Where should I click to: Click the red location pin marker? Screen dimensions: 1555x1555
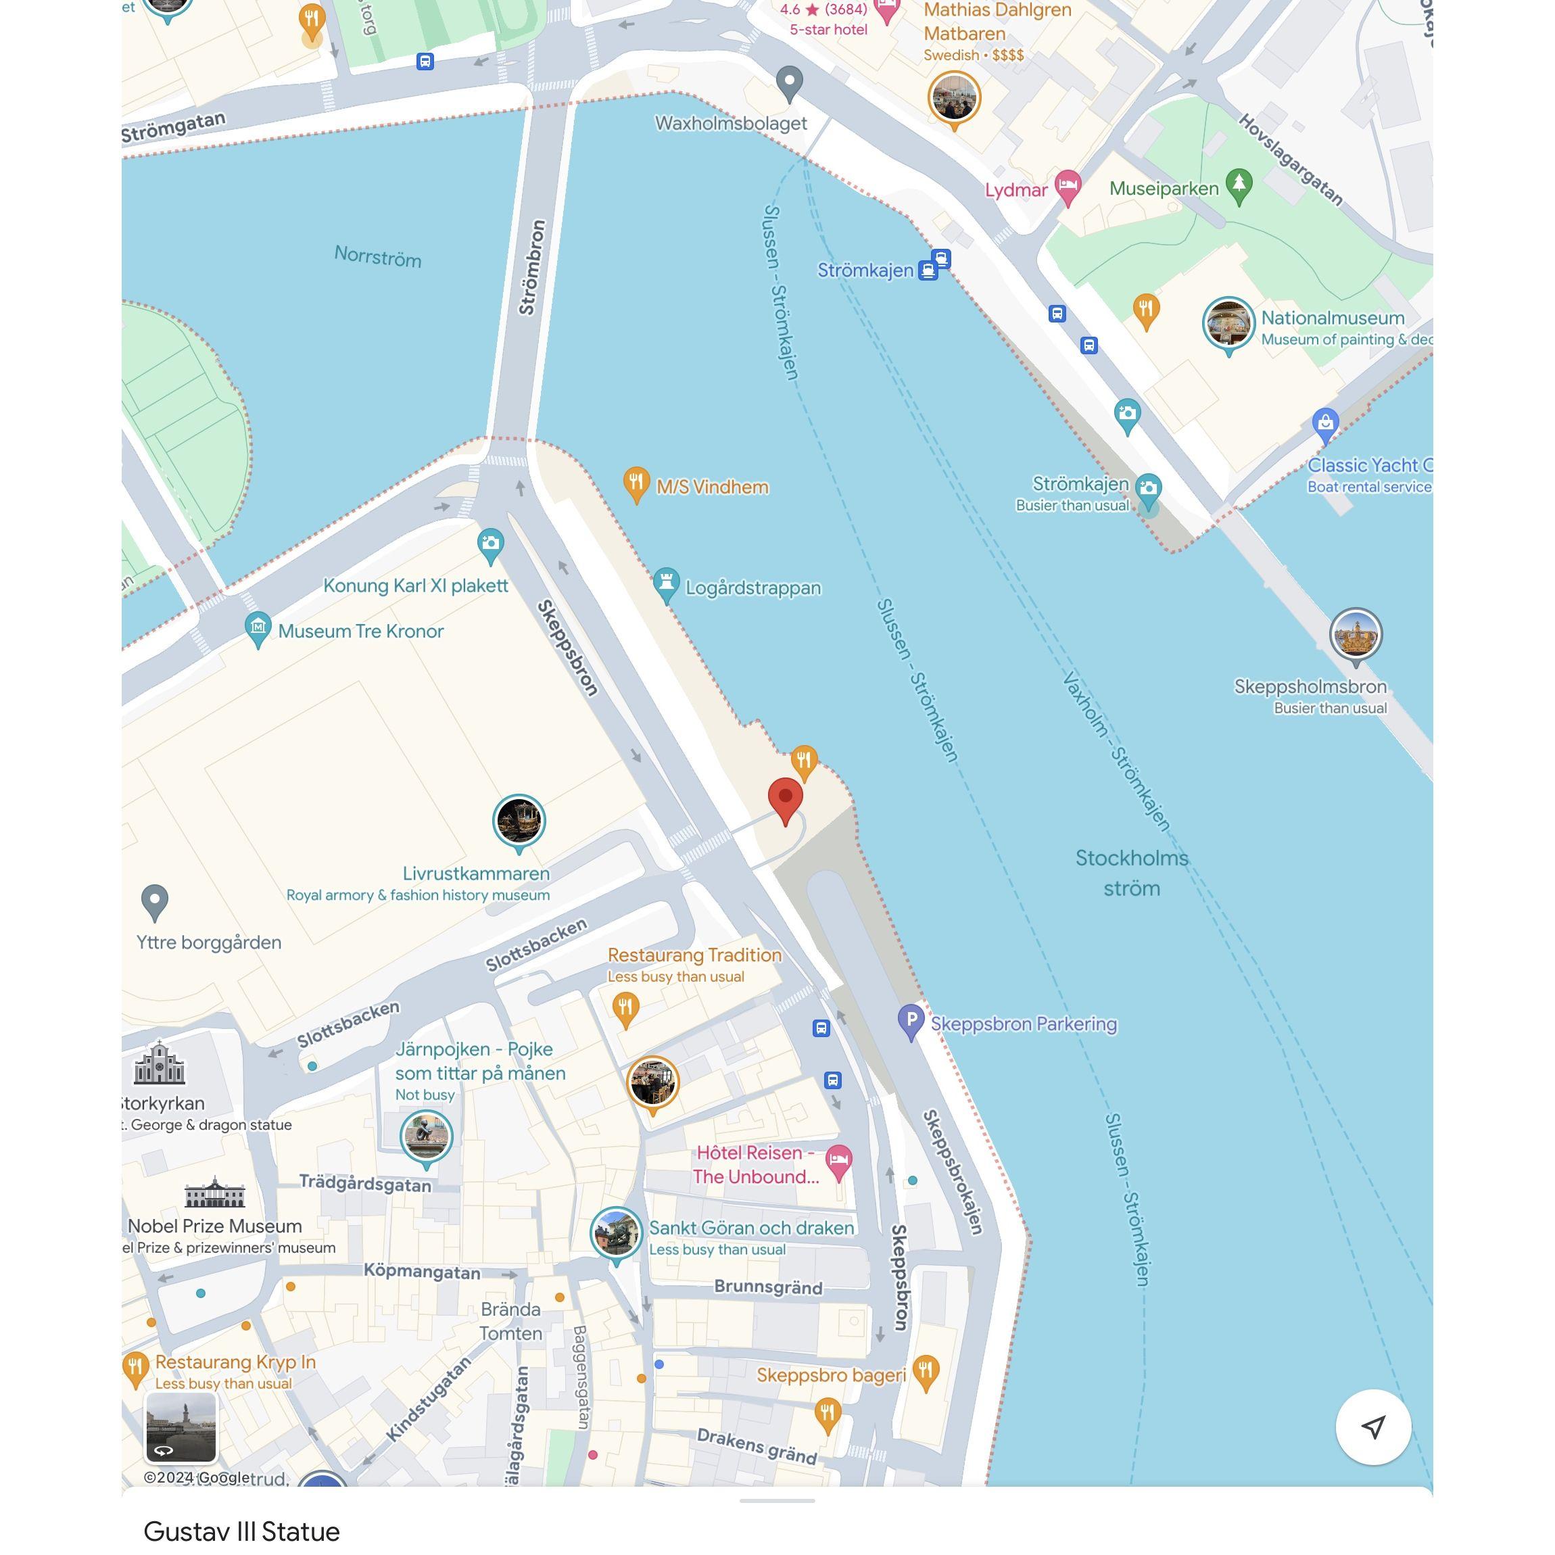click(785, 798)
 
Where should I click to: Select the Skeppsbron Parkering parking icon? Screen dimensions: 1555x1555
click(910, 1021)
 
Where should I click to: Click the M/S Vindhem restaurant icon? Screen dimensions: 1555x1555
click(636, 483)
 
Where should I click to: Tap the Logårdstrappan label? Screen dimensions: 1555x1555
click(752, 588)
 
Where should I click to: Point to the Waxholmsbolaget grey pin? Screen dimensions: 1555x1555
click(790, 81)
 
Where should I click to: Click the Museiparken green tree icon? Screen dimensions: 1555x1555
click(1239, 185)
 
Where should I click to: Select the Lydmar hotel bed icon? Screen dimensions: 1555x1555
click(1068, 186)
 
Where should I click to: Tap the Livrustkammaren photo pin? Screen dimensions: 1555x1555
click(519, 820)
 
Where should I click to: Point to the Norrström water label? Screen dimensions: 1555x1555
click(377, 257)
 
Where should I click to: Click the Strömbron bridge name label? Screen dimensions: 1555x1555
click(532, 267)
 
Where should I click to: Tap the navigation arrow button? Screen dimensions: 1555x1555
click(1372, 1427)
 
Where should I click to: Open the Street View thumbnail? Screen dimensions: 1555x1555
click(181, 1427)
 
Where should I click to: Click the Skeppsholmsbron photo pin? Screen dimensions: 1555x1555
click(1355, 633)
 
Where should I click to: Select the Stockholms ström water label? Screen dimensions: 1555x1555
click(1131, 872)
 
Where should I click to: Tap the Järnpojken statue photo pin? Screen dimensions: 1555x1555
click(426, 1136)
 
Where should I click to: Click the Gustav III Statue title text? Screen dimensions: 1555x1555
click(241, 1530)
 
